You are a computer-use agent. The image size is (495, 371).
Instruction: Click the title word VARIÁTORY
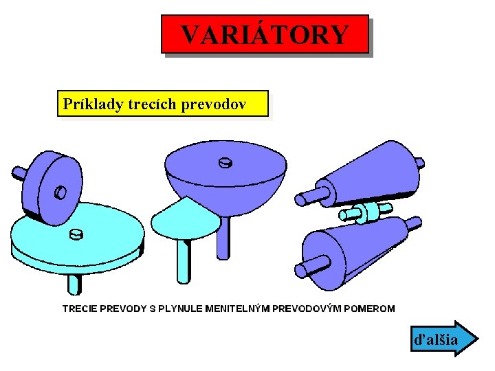click(265, 35)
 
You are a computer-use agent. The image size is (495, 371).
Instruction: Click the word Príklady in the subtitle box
click(91, 104)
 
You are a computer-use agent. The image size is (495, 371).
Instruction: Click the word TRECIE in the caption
click(80, 308)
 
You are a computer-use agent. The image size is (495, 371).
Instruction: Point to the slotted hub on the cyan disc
click(76, 234)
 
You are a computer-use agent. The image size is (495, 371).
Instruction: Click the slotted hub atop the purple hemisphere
click(224, 164)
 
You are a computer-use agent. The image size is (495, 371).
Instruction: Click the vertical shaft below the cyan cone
click(183, 262)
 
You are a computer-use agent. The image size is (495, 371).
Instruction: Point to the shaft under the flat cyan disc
click(74, 282)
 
